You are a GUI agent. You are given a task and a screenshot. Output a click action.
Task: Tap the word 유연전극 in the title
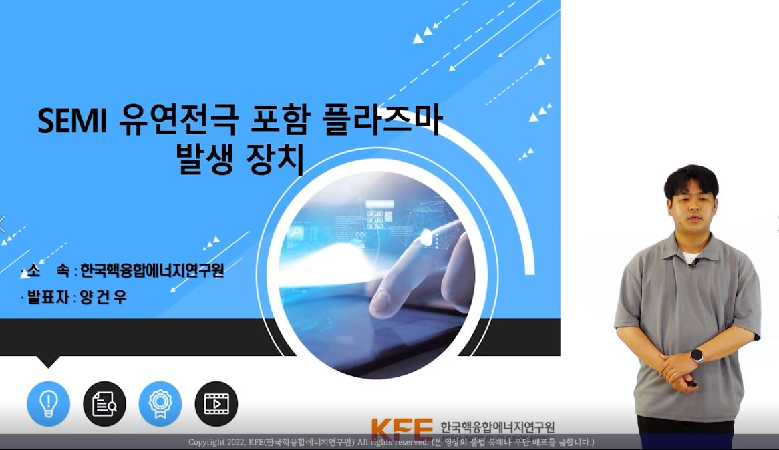178,120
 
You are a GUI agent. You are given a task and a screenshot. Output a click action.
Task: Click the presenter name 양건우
104,297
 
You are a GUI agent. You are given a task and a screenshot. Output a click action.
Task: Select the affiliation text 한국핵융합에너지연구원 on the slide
152,270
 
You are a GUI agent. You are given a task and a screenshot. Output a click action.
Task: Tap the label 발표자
47,297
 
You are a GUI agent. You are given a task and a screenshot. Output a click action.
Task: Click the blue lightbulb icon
48,403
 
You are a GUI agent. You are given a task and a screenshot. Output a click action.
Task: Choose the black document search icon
104,403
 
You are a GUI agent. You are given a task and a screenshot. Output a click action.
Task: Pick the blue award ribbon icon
160,403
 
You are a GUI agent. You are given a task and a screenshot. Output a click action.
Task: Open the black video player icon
216,403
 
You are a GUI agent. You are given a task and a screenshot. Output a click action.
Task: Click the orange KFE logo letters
402,428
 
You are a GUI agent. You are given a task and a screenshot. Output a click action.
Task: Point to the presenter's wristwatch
697,356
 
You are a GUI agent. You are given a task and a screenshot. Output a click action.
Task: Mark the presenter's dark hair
691,180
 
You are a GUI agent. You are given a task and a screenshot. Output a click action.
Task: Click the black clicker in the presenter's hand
691,383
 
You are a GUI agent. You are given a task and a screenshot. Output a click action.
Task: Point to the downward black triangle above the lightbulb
48,361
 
